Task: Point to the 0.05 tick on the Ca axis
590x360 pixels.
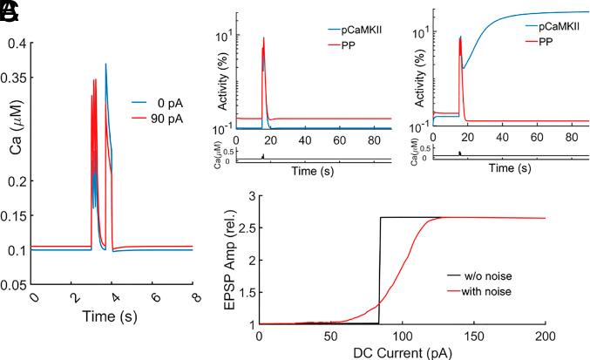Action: tap(16, 284)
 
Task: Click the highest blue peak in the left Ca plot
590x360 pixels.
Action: tap(105, 64)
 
